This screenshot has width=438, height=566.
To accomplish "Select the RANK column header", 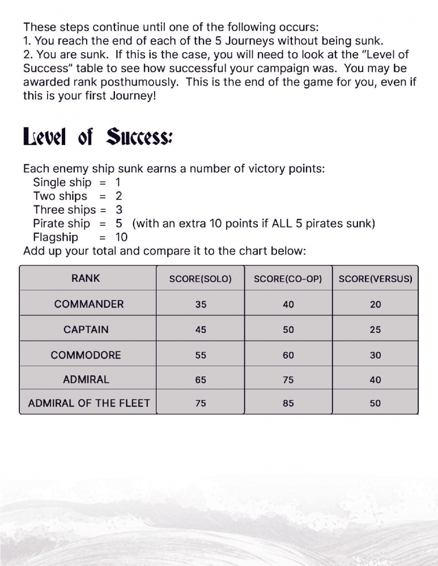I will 86,278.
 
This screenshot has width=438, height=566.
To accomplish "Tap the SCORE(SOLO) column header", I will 201,279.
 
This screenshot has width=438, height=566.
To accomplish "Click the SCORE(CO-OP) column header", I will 288,279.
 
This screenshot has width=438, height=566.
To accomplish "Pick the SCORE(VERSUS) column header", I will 375,279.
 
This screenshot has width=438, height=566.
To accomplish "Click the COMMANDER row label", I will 89,304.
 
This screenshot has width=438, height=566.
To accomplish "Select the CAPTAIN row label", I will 86,329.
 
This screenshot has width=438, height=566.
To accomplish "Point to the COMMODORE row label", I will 86,355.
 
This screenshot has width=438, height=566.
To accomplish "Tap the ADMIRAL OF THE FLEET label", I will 89,404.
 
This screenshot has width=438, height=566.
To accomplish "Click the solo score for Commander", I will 201,305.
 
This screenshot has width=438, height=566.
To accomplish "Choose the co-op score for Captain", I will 288,330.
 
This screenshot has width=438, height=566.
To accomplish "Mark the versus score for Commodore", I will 375,355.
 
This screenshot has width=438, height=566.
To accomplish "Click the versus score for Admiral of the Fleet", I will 375,404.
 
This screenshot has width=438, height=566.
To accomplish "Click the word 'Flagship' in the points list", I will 56,237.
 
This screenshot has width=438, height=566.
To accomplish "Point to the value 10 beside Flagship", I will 122,237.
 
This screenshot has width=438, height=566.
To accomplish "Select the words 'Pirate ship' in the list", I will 61,224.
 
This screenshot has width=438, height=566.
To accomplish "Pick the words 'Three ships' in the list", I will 64,210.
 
